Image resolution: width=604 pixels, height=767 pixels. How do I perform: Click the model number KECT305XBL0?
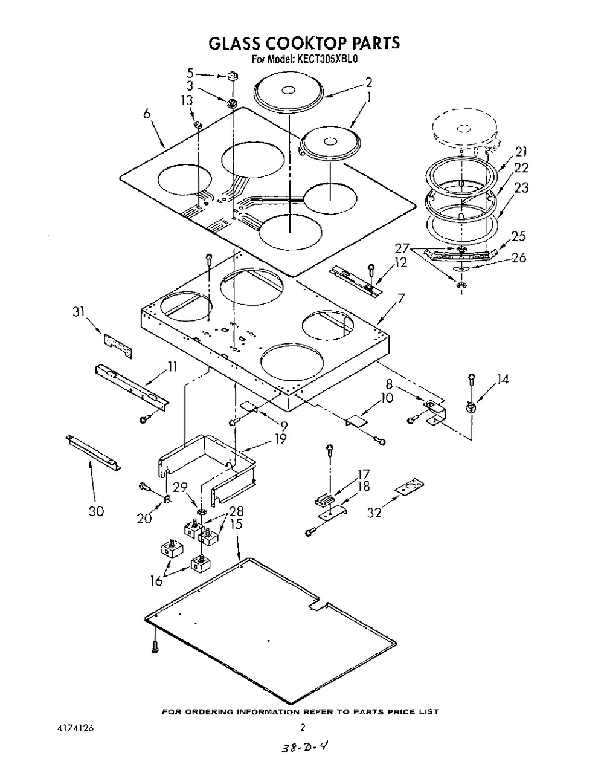pos(325,59)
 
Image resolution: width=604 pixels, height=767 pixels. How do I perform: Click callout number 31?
pos(79,312)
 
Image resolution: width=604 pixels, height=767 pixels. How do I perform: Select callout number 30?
pos(96,511)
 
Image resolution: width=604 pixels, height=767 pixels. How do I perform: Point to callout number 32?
pos(374,512)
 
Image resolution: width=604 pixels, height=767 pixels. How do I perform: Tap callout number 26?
pos(519,257)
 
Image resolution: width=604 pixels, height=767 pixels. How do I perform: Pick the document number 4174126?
pos(75,728)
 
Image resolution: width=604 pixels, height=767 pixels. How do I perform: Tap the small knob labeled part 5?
pos(233,76)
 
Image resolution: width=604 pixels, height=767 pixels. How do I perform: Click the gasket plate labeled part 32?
pos(410,487)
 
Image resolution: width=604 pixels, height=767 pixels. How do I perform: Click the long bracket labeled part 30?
pos(93,452)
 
